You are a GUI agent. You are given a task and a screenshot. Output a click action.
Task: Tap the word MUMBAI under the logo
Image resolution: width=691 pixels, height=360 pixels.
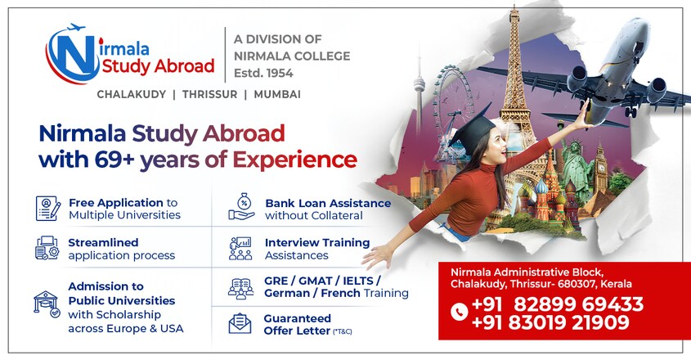point(277,94)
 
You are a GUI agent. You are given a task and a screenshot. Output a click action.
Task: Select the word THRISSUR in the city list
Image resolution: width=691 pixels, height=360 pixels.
point(210,94)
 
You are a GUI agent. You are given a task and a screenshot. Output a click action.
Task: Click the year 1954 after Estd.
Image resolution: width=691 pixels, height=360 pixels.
point(279,74)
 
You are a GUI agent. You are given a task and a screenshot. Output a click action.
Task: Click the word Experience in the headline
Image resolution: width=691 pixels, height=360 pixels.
point(294,160)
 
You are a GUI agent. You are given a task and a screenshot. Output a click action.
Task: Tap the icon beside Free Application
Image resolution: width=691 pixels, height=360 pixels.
point(47,209)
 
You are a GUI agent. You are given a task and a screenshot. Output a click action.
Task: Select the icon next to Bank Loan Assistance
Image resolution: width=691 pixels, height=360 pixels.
point(241,206)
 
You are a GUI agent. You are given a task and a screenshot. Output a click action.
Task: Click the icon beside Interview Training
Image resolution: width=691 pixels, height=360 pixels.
point(240,249)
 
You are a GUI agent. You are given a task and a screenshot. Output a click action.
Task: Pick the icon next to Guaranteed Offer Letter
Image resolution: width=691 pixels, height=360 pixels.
point(240,323)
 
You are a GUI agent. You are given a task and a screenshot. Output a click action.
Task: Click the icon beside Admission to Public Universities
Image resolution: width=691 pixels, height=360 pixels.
point(47,304)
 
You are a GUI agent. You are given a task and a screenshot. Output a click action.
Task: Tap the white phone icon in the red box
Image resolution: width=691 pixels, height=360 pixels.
point(460,312)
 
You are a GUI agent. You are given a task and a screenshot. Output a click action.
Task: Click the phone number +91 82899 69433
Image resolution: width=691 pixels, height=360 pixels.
point(558,304)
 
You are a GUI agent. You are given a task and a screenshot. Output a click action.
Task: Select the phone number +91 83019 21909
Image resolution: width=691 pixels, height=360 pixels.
point(550,322)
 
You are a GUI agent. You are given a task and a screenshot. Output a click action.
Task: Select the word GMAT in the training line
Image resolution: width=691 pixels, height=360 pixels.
point(315,281)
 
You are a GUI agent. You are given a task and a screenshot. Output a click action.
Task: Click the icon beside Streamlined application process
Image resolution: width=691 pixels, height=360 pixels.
point(47,248)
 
